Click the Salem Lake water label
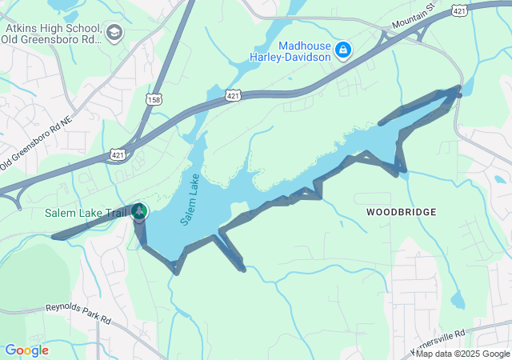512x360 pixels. pyautogui.click(x=190, y=198)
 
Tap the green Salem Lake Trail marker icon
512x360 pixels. pyautogui.click(x=139, y=211)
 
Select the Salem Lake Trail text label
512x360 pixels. pyautogui.click(x=95, y=212)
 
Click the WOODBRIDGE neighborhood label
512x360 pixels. pyautogui.click(x=402, y=212)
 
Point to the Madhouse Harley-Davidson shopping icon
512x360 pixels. pyautogui.click(x=343, y=50)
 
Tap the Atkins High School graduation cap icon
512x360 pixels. pyautogui.click(x=114, y=33)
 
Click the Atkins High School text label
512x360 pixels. pyautogui.click(x=53, y=32)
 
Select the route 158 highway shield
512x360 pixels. pyautogui.click(x=154, y=98)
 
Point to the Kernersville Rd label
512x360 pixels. pyautogui.click(x=438, y=342)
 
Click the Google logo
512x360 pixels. pyautogui.click(x=27, y=350)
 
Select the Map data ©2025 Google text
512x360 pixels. pyautogui.click(x=462, y=354)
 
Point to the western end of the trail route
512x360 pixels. pyautogui.click(x=54, y=237)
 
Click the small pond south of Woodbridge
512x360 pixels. pyautogui.click(x=456, y=300)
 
